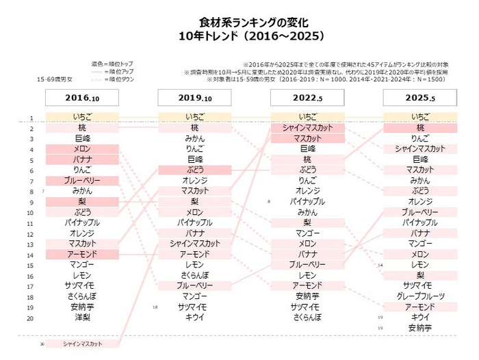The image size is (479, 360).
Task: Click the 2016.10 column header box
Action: (x=82, y=99)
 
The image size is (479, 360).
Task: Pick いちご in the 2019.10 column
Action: (x=195, y=118)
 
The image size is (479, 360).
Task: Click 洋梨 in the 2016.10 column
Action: (x=82, y=318)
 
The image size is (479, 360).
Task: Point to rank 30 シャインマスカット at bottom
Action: (x=82, y=344)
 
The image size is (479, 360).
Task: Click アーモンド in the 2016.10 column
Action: (x=82, y=255)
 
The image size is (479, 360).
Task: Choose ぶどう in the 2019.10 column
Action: (x=195, y=170)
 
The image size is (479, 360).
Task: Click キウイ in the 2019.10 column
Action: (x=195, y=318)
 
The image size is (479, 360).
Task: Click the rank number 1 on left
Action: (x=30, y=118)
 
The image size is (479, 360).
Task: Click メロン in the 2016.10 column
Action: (x=82, y=149)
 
